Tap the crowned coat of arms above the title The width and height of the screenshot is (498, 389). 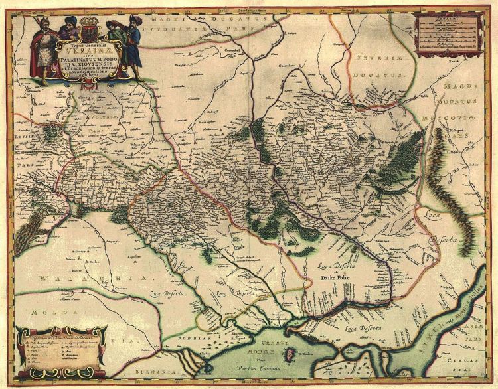tap(88, 31)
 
